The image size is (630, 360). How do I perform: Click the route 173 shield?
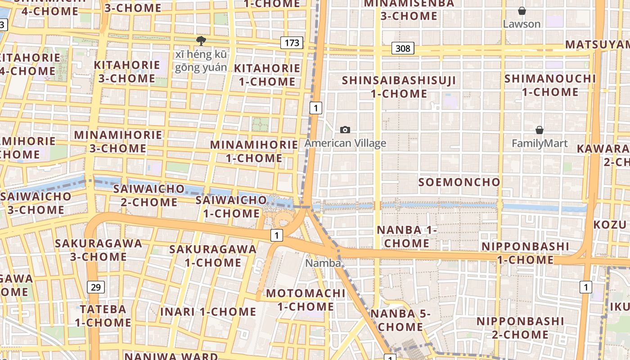click(x=292, y=43)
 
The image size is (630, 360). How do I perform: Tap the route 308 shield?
click(x=402, y=48)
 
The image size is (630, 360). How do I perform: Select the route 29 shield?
click(x=94, y=287)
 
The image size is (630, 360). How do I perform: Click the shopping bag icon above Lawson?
click(x=522, y=11)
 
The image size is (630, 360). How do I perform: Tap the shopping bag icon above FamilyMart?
click(x=540, y=130)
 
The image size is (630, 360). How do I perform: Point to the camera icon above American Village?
click(x=345, y=130)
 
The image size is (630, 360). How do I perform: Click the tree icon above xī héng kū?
click(x=201, y=41)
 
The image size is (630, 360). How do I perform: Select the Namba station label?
click(x=323, y=263)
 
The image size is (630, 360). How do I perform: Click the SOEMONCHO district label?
click(x=459, y=182)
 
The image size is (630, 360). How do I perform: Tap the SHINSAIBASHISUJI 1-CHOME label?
click(x=399, y=87)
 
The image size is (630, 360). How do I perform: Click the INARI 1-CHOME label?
click(x=208, y=312)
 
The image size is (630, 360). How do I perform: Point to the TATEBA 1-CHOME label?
click(x=103, y=316)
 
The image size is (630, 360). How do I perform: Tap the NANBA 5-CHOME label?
click(x=400, y=320)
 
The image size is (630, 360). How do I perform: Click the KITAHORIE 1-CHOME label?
click(x=267, y=75)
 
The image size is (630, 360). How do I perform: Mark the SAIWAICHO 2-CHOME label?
click(x=149, y=195)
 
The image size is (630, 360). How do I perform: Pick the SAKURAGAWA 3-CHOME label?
click(x=98, y=250)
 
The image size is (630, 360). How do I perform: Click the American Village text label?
click(x=345, y=144)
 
